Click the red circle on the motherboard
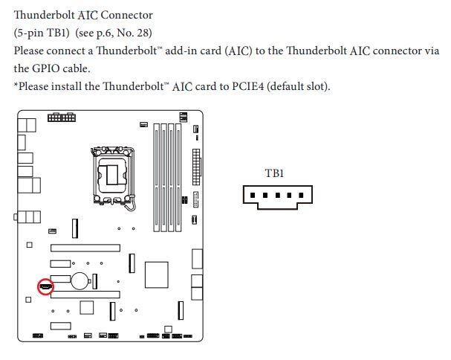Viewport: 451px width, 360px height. pyautogui.click(x=45, y=286)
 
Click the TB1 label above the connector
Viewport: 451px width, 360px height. pyautogui.click(x=274, y=173)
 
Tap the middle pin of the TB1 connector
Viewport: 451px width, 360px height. pyautogui.click(x=276, y=196)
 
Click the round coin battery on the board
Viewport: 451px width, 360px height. pyautogui.click(x=81, y=280)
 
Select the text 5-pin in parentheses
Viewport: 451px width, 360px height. pyautogui.click(x=31, y=33)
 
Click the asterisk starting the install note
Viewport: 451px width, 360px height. pyautogui.click(x=16, y=86)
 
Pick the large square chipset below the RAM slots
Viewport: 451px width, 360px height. pyautogui.click(x=156, y=274)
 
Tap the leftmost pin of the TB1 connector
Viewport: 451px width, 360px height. pyautogui.click(x=253, y=196)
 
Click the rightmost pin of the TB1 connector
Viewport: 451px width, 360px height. pyautogui.click(x=299, y=196)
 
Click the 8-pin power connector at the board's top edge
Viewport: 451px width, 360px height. pyautogui.click(x=61, y=118)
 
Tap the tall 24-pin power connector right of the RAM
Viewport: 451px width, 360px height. pyautogui.click(x=195, y=167)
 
